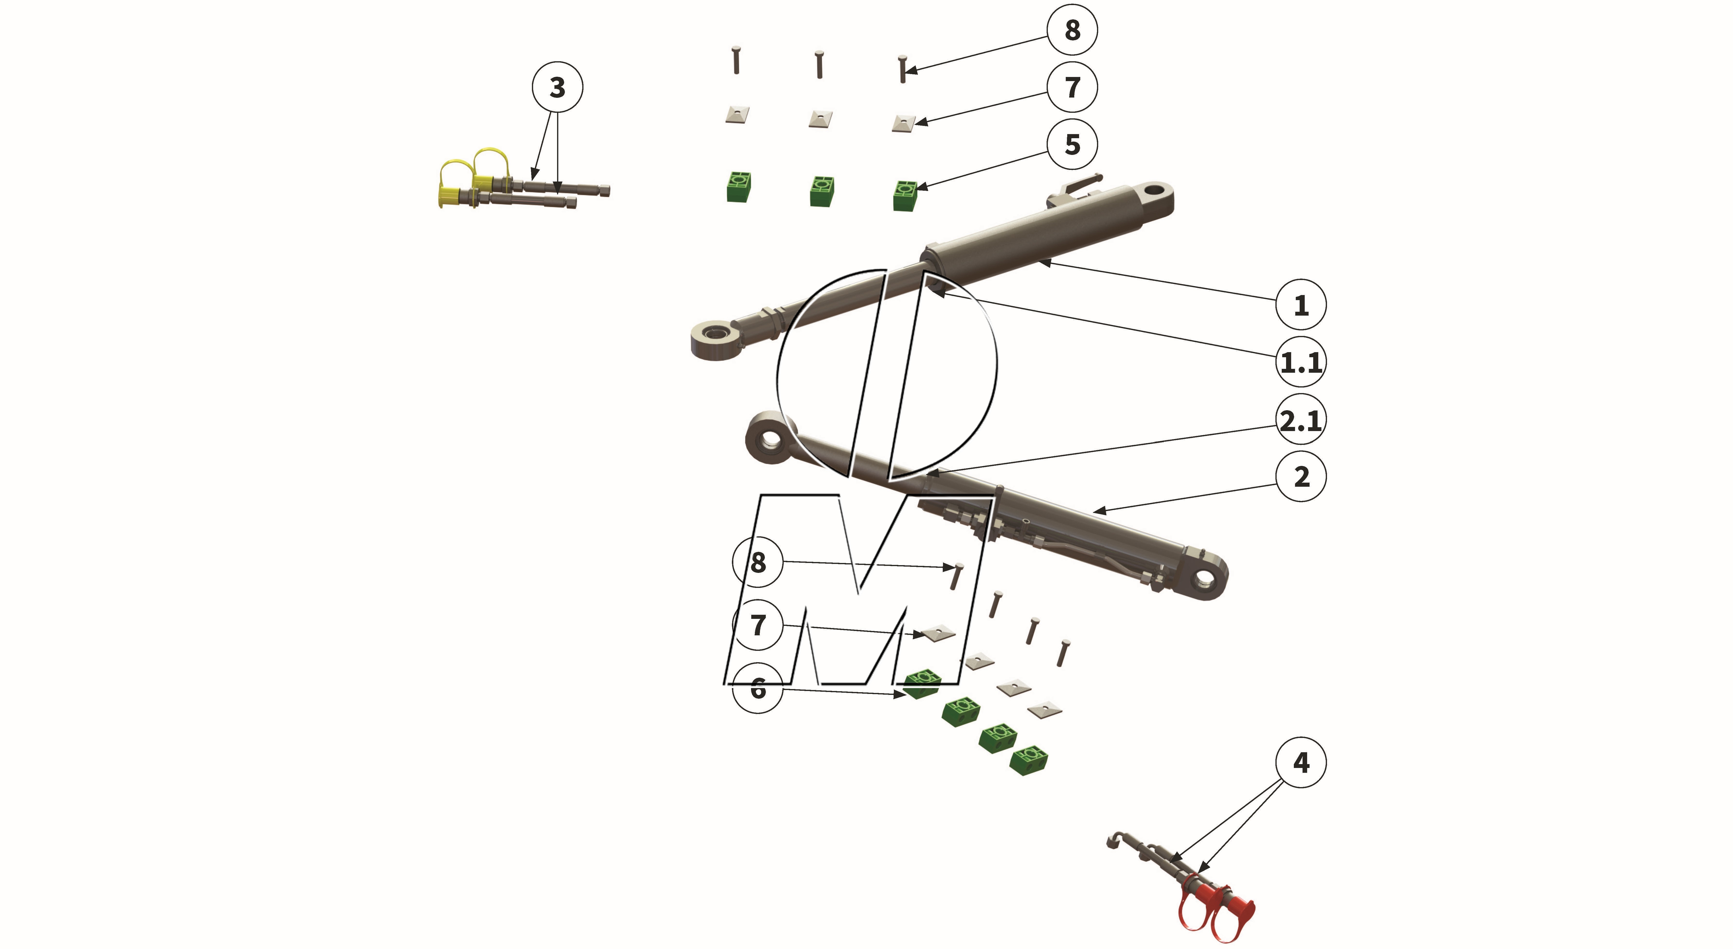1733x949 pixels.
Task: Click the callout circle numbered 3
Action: (x=557, y=87)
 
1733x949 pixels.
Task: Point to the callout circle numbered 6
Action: (x=758, y=688)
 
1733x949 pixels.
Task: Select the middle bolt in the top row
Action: (x=819, y=65)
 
